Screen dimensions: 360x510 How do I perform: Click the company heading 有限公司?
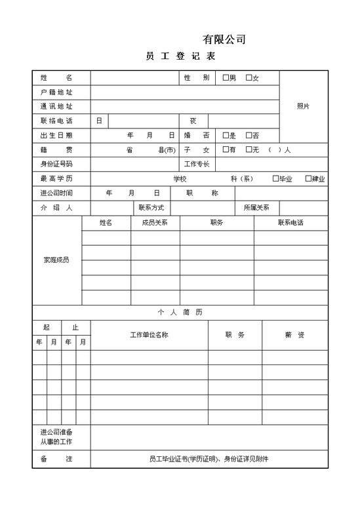coord(224,39)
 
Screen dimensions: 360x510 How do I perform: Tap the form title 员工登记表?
coord(180,57)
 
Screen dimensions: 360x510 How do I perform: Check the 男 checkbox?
coord(226,78)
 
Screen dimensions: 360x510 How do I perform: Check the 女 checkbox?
coord(249,78)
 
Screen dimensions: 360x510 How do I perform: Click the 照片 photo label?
coord(303,106)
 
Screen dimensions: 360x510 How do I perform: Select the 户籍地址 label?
coord(56,92)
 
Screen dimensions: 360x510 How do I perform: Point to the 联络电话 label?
coord(56,121)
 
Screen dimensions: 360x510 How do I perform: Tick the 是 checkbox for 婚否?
coord(226,135)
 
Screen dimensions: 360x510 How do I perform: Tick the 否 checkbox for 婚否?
coord(249,135)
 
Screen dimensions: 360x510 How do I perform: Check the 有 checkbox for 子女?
coord(226,149)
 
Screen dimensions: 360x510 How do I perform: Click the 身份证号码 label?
coord(56,164)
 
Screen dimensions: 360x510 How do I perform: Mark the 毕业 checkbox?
coord(275,178)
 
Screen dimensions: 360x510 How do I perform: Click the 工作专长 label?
coord(197,164)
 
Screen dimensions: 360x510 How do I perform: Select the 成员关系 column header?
coord(155,223)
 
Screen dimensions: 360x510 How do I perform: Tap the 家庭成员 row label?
coord(56,260)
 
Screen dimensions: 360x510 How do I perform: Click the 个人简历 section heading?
coord(180,312)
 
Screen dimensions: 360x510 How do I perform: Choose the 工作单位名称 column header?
coord(149,335)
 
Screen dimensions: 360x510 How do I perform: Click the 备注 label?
coord(56,459)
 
